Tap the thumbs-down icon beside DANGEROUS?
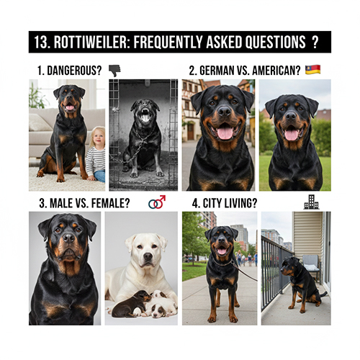114,70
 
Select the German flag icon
312,70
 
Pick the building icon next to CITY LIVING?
311,202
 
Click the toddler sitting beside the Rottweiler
96,155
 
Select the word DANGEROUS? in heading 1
76,71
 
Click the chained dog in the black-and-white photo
142,137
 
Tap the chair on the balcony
310,266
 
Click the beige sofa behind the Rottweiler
43,133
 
